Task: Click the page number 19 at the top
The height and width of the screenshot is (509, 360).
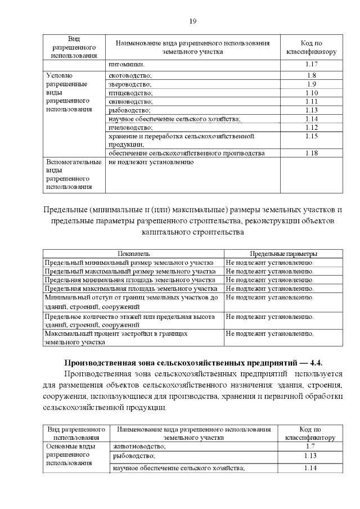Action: [x=192, y=21]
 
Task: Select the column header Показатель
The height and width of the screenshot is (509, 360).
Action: [x=133, y=254]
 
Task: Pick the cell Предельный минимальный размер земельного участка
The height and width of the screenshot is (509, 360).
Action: [x=129, y=263]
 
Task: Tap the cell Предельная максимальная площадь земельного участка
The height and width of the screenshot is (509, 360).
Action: [x=129, y=289]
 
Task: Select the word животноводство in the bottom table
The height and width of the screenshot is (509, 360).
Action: [x=139, y=446]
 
